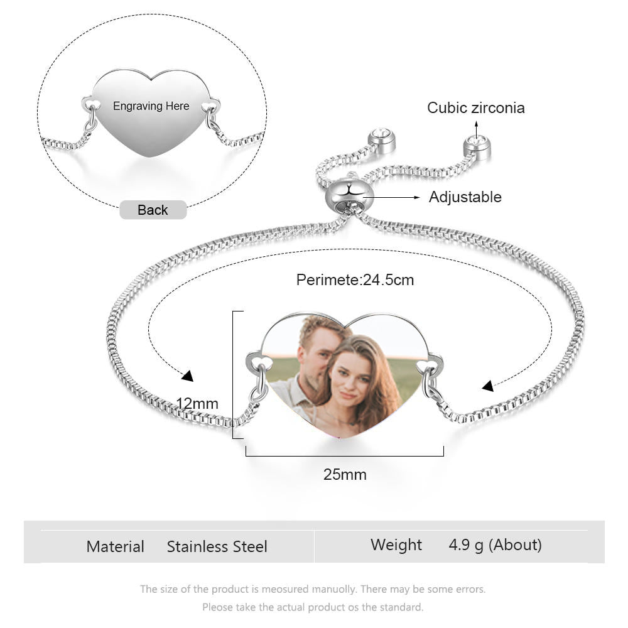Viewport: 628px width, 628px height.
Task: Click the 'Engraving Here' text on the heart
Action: tap(151, 106)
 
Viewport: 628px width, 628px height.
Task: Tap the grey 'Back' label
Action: tap(153, 210)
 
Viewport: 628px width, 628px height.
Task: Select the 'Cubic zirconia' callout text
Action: tap(476, 108)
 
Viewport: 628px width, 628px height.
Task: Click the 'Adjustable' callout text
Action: tap(465, 197)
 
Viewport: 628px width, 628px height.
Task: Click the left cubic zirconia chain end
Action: tap(381, 141)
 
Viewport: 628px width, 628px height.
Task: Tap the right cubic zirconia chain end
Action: tap(477, 147)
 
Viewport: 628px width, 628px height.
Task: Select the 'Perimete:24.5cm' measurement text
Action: tap(355, 280)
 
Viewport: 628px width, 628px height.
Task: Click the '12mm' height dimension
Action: tap(197, 403)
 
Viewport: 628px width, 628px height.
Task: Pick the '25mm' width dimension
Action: tap(345, 475)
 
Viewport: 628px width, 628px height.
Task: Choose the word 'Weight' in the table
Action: tap(396, 545)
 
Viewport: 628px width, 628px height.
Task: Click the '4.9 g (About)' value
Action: tap(495, 545)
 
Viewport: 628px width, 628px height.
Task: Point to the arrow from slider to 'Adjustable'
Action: tap(391, 197)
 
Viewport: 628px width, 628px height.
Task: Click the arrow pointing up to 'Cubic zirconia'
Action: tap(476, 129)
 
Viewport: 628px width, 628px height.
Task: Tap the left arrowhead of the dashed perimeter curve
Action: tap(187, 376)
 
